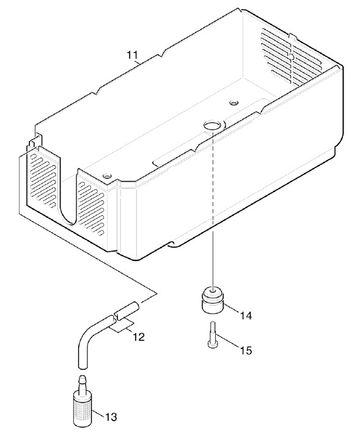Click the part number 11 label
click(132, 55)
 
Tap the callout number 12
click(139, 337)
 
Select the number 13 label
click(111, 416)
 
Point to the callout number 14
click(246, 315)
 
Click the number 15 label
click(246, 350)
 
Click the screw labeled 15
click(212, 334)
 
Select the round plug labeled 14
click(212, 300)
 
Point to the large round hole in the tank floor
click(211, 125)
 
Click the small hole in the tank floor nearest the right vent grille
click(234, 103)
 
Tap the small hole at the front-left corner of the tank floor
click(106, 175)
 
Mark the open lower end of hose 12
click(83, 366)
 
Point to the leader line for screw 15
click(228, 340)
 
